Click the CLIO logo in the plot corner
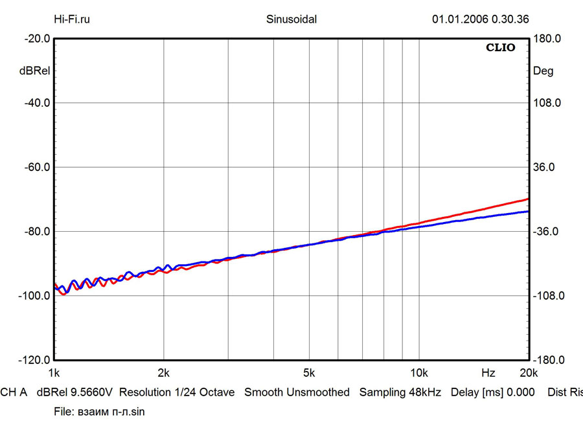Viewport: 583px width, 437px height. tap(501, 48)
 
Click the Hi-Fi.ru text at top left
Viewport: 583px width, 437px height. tap(71, 19)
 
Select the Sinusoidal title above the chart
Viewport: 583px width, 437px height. tap(291, 19)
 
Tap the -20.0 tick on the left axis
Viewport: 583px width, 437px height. tap(38, 39)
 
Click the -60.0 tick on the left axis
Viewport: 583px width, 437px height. tap(38, 167)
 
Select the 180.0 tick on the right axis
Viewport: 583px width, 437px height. tap(547, 39)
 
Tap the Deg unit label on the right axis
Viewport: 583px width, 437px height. tap(543, 72)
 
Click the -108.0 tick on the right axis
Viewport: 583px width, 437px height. tap(549, 296)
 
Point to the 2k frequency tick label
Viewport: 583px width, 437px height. tap(163, 373)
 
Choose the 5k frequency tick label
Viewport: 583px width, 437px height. tap(309, 373)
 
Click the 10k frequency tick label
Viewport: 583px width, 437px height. tap(419, 373)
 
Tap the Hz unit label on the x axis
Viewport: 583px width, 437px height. tap(488, 373)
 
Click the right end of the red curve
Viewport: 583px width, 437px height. tap(529, 199)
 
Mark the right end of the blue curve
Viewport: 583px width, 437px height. tap(529, 211)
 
